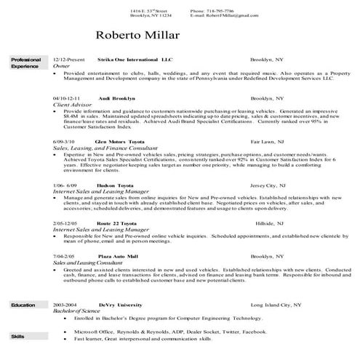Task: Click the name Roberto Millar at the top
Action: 137,35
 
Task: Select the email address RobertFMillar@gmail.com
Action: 228,17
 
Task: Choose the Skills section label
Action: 17,337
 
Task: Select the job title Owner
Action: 60,65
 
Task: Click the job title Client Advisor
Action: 68,104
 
